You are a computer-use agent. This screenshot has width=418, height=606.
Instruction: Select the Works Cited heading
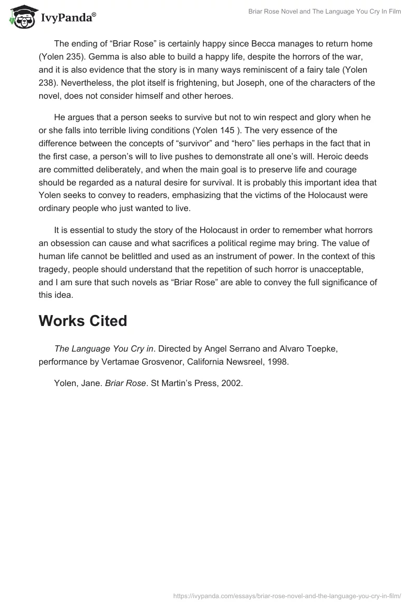83,321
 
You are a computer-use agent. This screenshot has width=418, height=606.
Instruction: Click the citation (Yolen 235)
66,56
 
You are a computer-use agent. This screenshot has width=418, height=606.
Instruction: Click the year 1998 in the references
277,362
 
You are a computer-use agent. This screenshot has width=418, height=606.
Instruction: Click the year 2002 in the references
232,383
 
